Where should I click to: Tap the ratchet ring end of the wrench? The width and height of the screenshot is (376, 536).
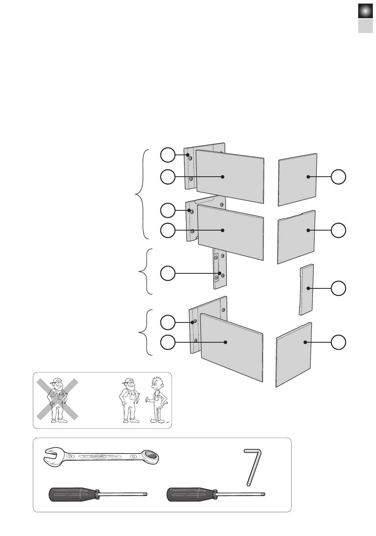coord(150,458)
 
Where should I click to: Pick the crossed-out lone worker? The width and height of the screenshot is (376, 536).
coord(57,400)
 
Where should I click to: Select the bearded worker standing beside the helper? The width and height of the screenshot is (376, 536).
coord(129,400)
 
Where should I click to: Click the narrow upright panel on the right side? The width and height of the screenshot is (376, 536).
coord(306,289)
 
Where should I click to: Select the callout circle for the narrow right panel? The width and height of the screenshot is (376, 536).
coord(338,288)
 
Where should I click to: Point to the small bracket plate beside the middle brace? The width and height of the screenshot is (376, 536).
coord(219,269)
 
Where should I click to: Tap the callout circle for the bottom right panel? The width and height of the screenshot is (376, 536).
coord(338,342)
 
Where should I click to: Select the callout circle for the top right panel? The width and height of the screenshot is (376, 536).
coord(338,177)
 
